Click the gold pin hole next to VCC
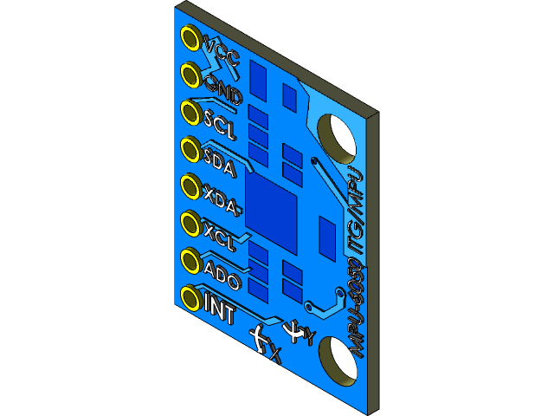click(x=190, y=37)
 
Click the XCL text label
click(x=220, y=236)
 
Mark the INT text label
click(x=219, y=310)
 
